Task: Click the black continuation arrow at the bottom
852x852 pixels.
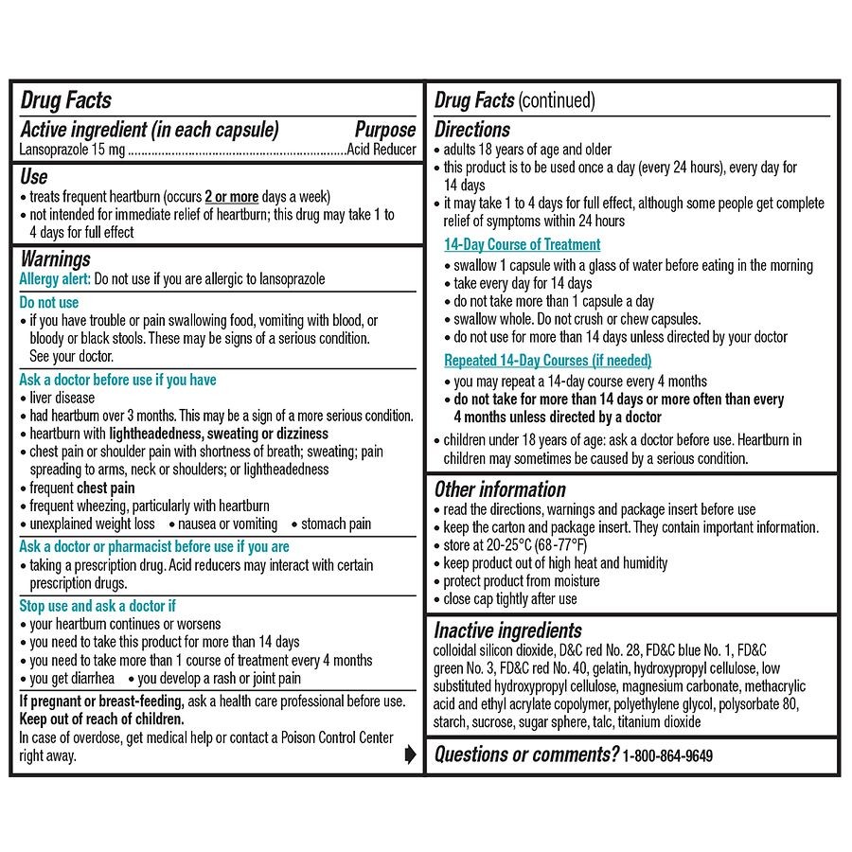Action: [x=410, y=754]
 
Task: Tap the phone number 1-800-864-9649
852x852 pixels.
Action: [x=667, y=755]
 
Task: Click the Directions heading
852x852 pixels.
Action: [x=471, y=130]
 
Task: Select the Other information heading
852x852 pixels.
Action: [x=500, y=489]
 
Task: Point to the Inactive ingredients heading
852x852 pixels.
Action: [x=507, y=630]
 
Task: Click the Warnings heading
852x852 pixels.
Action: [x=55, y=258]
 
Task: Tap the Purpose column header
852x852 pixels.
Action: [x=384, y=130]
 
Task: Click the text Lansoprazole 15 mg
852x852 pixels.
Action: [x=72, y=150]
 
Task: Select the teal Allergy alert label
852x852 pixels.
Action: [x=55, y=279]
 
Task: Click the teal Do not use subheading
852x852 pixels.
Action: [x=49, y=303]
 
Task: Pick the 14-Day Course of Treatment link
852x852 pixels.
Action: [x=522, y=244]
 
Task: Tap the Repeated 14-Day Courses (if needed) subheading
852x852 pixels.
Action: [x=547, y=361]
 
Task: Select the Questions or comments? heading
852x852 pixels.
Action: [x=526, y=754]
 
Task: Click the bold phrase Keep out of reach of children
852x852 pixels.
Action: [x=101, y=719]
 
